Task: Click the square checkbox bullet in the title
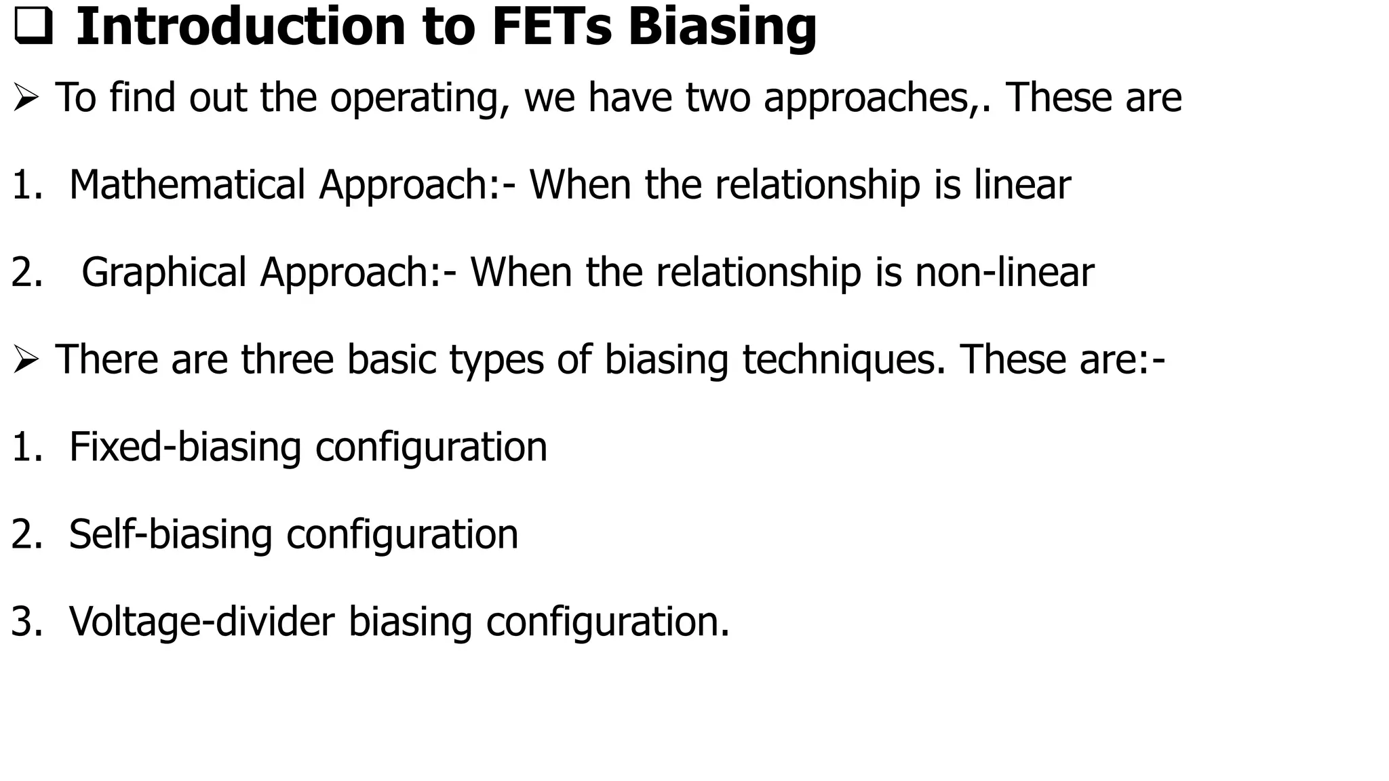(33, 28)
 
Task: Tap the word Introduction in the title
(240, 27)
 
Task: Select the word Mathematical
(187, 184)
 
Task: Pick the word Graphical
(163, 272)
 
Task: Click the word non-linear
(1004, 272)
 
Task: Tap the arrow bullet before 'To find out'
(26, 99)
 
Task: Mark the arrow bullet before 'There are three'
(26, 360)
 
